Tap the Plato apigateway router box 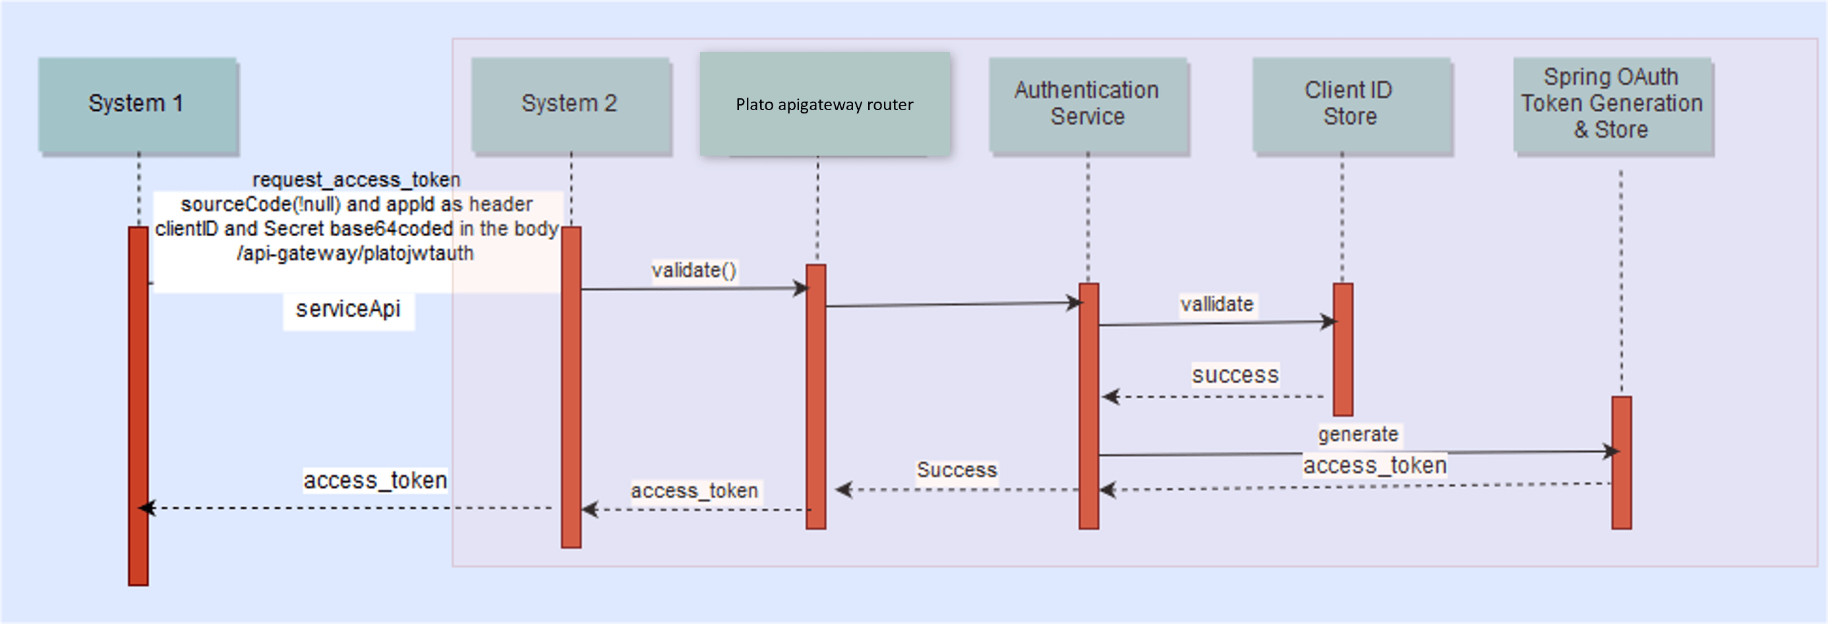pos(824,104)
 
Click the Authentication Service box pos(1087,104)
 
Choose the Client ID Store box pos(1349,104)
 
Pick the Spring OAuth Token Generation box pos(1612,104)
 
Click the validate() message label pos(694,270)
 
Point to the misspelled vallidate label pos(1216,305)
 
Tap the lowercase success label pos(1235,375)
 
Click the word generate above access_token pos(1357,435)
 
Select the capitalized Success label pos(957,470)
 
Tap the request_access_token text pos(356,179)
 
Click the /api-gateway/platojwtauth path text pos(355,253)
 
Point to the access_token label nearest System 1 pos(374,481)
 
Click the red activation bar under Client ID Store pos(1343,350)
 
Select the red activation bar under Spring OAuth pos(1621,462)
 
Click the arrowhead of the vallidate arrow pos(1329,323)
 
